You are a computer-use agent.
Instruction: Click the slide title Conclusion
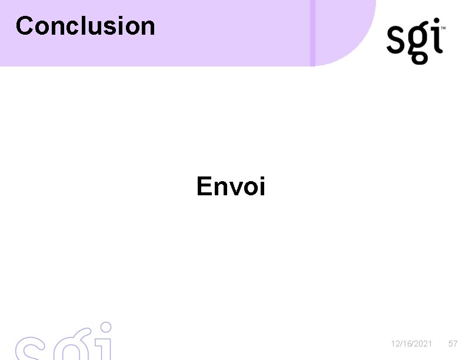(x=85, y=26)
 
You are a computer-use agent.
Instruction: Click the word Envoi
(x=231, y=186)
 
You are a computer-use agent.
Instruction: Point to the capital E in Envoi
(x=205, y=186)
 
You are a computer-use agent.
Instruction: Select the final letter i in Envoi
(x=262, y=186)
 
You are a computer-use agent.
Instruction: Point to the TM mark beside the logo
(x=443, y=27)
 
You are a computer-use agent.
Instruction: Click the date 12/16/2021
(x=412, y=344)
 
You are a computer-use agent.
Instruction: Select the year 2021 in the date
(x=423, y=344)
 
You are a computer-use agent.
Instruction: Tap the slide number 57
(x=452, y=344)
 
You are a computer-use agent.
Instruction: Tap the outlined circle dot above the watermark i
(x=105, y=327)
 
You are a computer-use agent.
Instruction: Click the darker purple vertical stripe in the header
(x=313, y=32)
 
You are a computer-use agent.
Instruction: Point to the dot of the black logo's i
(x=436, y=22)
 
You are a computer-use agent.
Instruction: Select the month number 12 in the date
(x=395, y=344)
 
